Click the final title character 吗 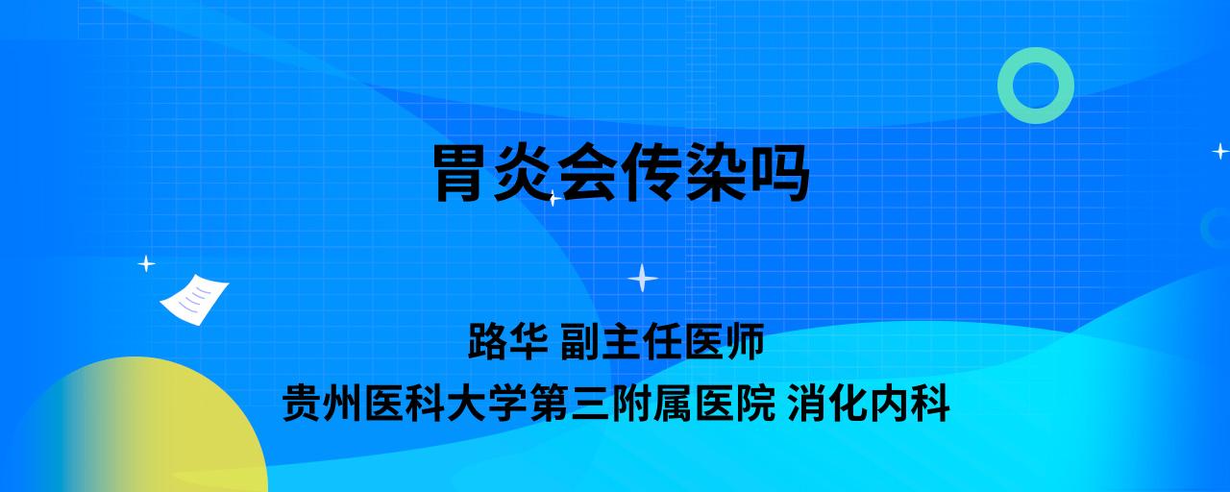778,173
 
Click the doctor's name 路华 508,341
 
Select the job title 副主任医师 662,341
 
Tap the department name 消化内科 869,404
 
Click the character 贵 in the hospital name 303,404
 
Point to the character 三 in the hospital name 591,404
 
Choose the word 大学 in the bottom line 487,404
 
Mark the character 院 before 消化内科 756,404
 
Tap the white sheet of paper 194,300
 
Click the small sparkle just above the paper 146,264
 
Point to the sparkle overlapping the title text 553,198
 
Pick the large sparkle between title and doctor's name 643,278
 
